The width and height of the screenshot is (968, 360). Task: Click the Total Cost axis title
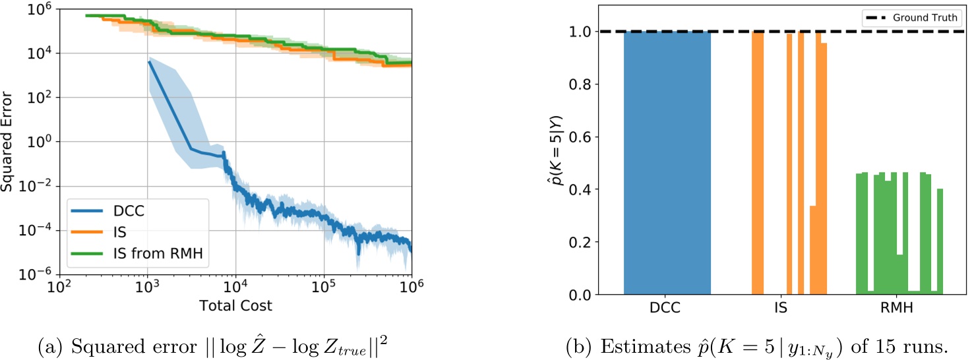(x=235, y=306)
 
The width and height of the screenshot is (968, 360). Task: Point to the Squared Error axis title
(x=9, y=142)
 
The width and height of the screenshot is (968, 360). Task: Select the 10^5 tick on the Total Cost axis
(x=323, y=288)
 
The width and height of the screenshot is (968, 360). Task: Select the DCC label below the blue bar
(x=667, y=307)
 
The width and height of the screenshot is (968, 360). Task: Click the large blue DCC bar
(x=667, y=165)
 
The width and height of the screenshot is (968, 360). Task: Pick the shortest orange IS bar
(x=813, y=251)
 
